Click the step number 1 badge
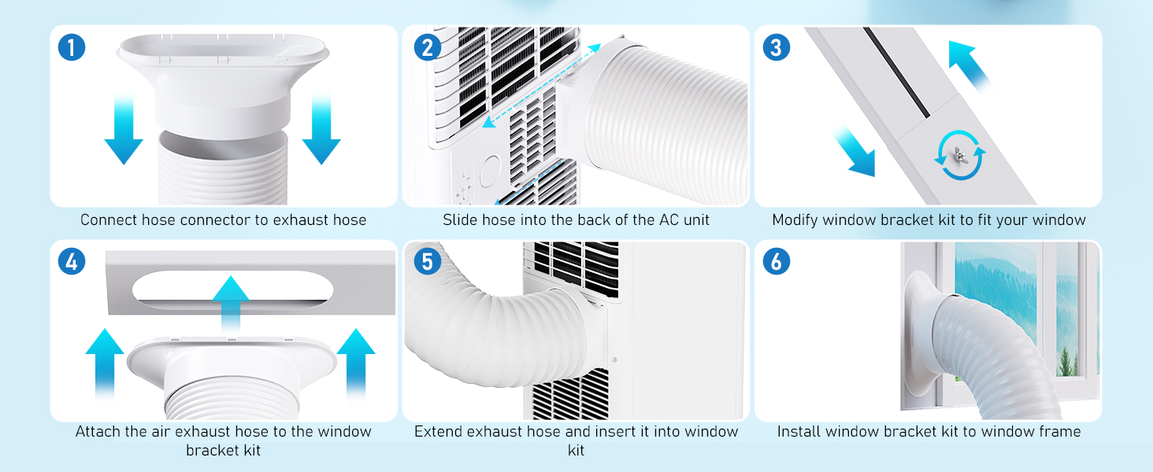72,47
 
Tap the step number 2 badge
427,47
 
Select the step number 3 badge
777,47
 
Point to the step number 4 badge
72,261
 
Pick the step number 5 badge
427,261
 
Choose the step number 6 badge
777,261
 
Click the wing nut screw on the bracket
959,155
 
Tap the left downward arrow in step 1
124,130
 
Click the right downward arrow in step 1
321,130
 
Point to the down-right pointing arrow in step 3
855,152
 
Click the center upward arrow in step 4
231,304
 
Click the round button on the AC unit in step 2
490,171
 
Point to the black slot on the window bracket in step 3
897,72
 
